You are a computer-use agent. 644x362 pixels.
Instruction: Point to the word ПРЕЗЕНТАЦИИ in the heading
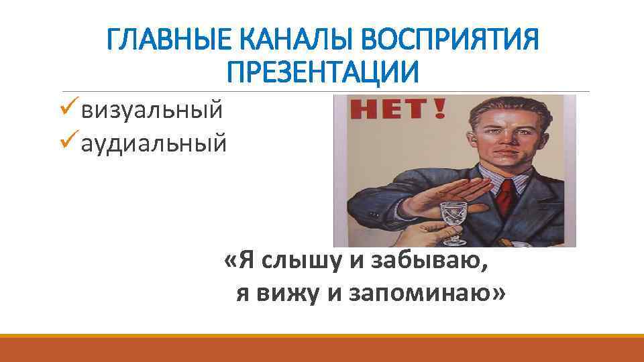pyautogui.click(x=322, y=71)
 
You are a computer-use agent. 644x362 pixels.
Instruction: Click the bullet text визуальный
pyautogui.click(x=151, y=109)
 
